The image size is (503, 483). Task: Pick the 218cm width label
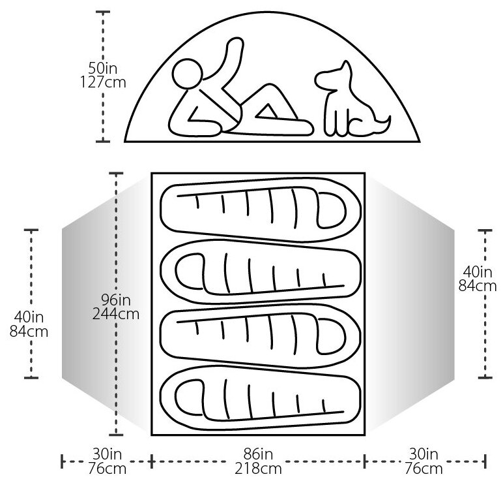click(x=256, y=469)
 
